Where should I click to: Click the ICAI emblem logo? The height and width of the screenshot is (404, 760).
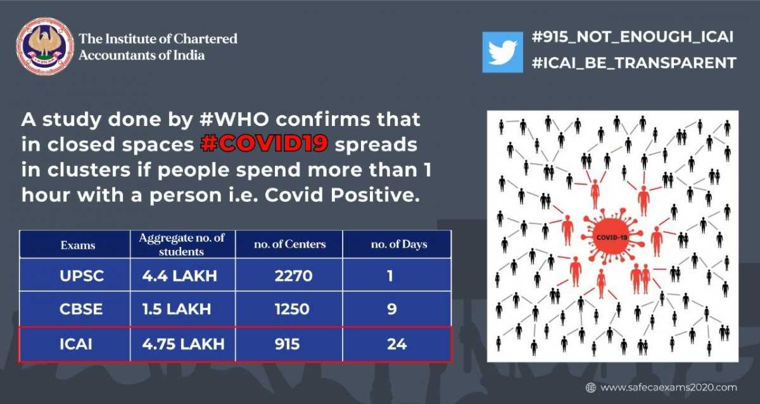tap(45, 46)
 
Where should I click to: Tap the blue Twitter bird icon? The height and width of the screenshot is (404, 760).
tap(502, 52)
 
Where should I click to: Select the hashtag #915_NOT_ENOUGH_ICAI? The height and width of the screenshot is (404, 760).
tap(633, 37)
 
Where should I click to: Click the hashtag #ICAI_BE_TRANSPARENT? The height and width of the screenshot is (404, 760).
tap(634, 63)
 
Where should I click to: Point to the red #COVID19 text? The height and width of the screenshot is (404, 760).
tap(264, 144)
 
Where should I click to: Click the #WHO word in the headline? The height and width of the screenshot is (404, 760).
tap(234, 120)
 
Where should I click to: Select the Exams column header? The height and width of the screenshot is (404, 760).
tap(78, 245)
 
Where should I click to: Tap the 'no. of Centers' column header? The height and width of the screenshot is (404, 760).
tap(290, 244)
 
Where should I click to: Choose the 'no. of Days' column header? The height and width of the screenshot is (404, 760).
tap(399, 244)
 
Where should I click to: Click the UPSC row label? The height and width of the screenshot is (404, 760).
tap(82, 275)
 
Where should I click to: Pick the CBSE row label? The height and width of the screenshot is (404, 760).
tap(81, 309)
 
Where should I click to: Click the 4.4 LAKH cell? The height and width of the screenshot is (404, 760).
tap(179, 275)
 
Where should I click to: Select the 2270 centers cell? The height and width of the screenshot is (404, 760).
tap(293, 275)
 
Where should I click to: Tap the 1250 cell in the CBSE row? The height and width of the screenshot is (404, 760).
tap(292, 309)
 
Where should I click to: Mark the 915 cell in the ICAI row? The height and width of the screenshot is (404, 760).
tap(287, 344)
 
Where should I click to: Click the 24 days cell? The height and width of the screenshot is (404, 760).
tap(396, 344)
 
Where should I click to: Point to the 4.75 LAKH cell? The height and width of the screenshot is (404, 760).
tap(183, 344)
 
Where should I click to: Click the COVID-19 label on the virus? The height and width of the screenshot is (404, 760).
tap(612, 237)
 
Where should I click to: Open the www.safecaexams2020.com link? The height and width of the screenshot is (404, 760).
tap(669, 388)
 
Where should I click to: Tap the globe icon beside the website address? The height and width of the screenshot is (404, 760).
tap(591, 388)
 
